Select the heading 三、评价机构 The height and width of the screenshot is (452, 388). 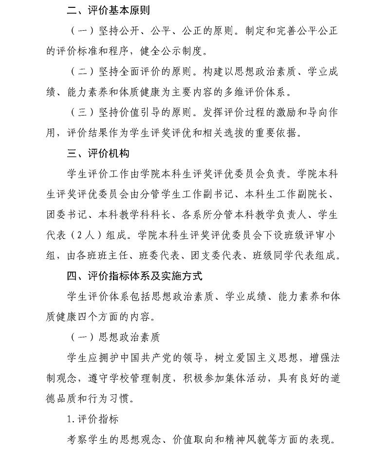pos(98,153)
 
